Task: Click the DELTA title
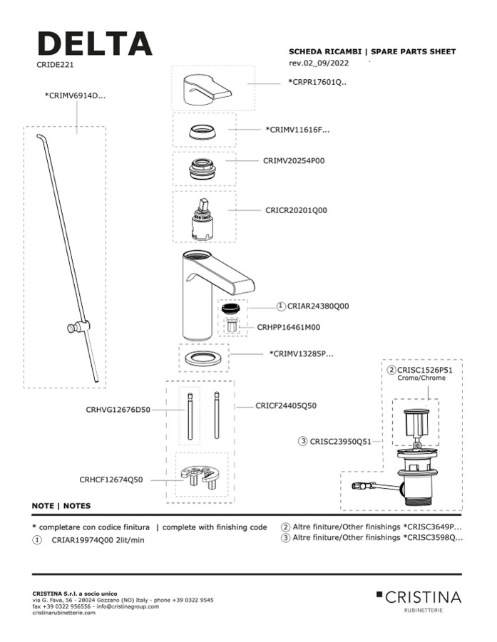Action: click(x=94, y=44)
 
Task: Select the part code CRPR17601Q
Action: click(x=317, y=82)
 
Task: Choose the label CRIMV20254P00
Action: click(x=293, y=161)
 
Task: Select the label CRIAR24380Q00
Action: click(x=317, y=306)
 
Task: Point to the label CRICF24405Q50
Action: click(x=286, y=405)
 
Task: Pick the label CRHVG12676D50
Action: click(x=118, y=410)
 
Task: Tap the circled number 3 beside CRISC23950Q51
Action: click(x=304, y=442)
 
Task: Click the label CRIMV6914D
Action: click(x=75, y=95)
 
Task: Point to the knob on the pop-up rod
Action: click(x=73, y=328)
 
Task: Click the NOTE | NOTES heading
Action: click(x=61, y=506)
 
